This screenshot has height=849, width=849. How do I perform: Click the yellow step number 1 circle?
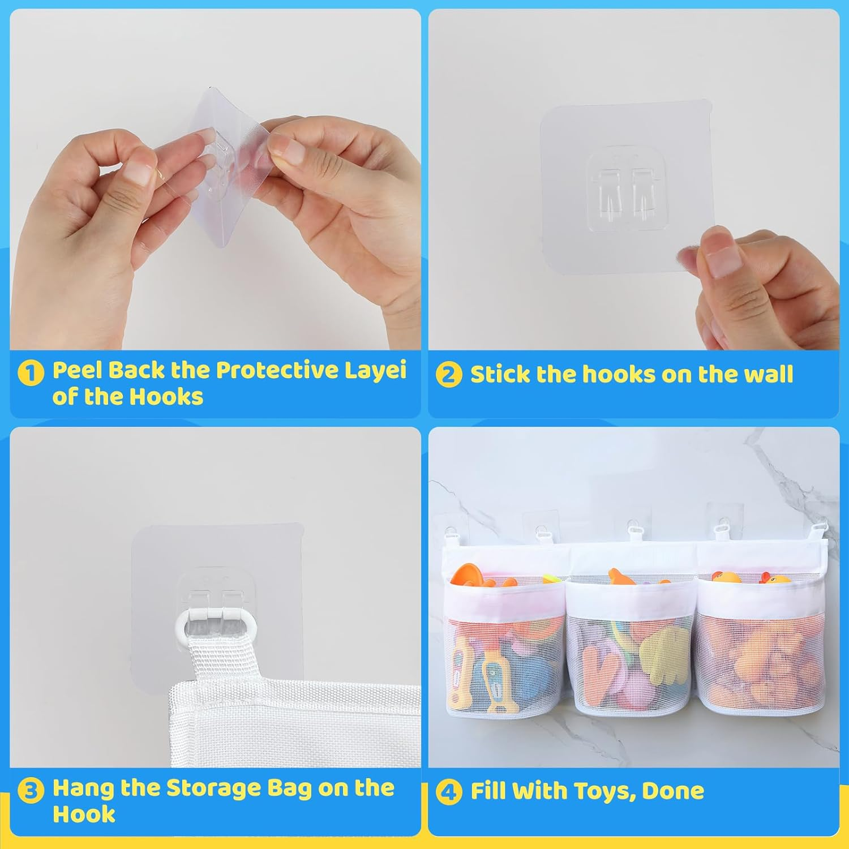[x=31, y=374]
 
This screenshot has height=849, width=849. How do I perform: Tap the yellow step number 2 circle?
[x=449, y=375]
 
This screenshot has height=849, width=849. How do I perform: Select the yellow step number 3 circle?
[x=31, y=791]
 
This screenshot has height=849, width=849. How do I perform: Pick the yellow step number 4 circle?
[x=449, y=792]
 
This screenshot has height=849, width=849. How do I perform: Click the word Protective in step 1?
[x=277, y=371]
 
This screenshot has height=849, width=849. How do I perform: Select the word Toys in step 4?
[x=603, y=791]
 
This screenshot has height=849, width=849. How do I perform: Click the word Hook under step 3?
[x=84, y=814]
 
